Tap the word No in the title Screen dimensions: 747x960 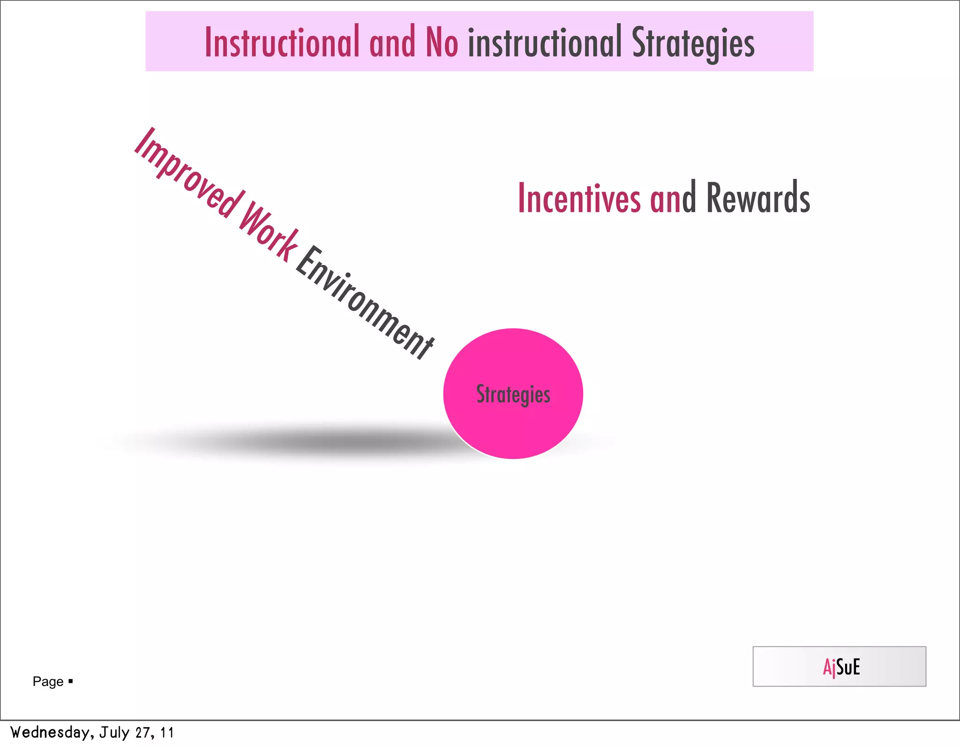point(441,43)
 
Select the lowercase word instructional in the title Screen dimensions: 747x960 point(544,43)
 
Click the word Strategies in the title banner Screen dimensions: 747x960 point(693,44)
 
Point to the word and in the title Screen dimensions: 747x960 point(392,43)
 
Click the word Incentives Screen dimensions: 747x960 point(579,198)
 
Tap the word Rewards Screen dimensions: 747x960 point(757,198)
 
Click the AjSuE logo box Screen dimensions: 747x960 point(839,666)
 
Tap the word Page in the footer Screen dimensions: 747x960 point(48,681)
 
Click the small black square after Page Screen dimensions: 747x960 point(71,680)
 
